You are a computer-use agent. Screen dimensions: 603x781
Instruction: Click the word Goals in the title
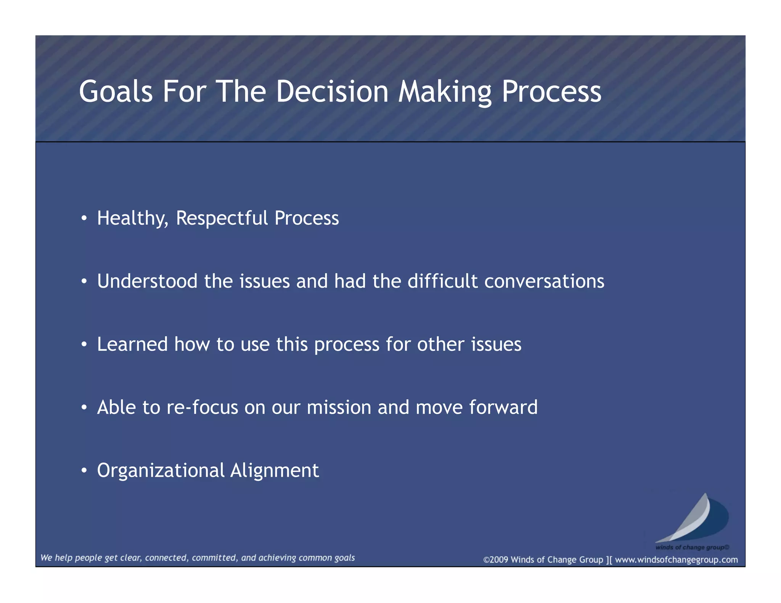click(x=116, y=92)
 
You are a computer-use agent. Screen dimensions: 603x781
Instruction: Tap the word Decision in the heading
click(x=332, y=92)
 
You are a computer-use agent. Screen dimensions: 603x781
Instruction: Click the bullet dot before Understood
click(x=84, y=282)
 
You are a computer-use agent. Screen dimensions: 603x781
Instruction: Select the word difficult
click(x=442, y=281)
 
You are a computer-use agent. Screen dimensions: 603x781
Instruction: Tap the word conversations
click(x=544, y=281)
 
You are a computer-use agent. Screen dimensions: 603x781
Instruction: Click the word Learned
click(x=132, y=344)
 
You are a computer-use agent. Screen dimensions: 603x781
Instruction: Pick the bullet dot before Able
click(x=84, y=408)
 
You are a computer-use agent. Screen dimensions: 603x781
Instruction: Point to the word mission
click(x=339, y=407)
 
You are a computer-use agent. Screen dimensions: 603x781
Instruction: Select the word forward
click(x=503, y=407)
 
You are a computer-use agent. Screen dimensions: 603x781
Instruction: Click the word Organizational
click(x=161, y=471)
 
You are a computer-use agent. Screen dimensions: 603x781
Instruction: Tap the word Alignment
click(x=275, y=471)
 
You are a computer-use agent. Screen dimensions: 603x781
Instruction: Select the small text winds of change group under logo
click(x=692, y=547)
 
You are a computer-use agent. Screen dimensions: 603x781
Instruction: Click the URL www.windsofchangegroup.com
click(x=676, y=560)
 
